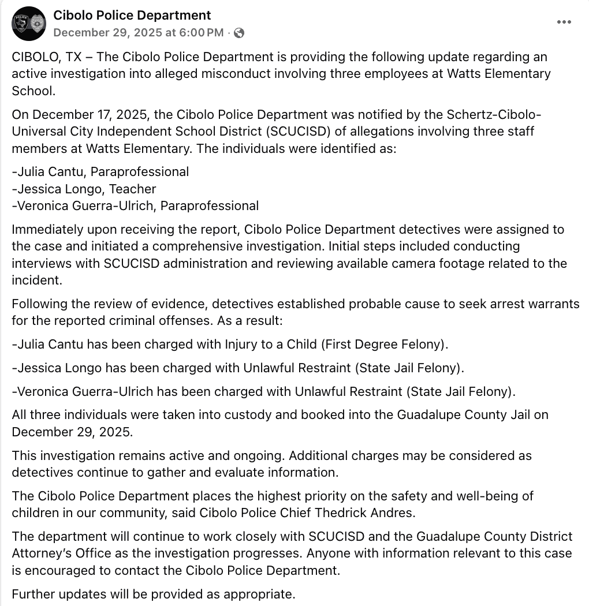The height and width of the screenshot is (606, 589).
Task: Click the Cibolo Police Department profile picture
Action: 29,24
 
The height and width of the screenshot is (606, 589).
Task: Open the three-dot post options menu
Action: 564,22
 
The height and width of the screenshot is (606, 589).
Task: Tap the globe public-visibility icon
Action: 238,33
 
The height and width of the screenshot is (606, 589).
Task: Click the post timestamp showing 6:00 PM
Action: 138,33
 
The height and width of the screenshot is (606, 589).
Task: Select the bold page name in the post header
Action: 132,16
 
